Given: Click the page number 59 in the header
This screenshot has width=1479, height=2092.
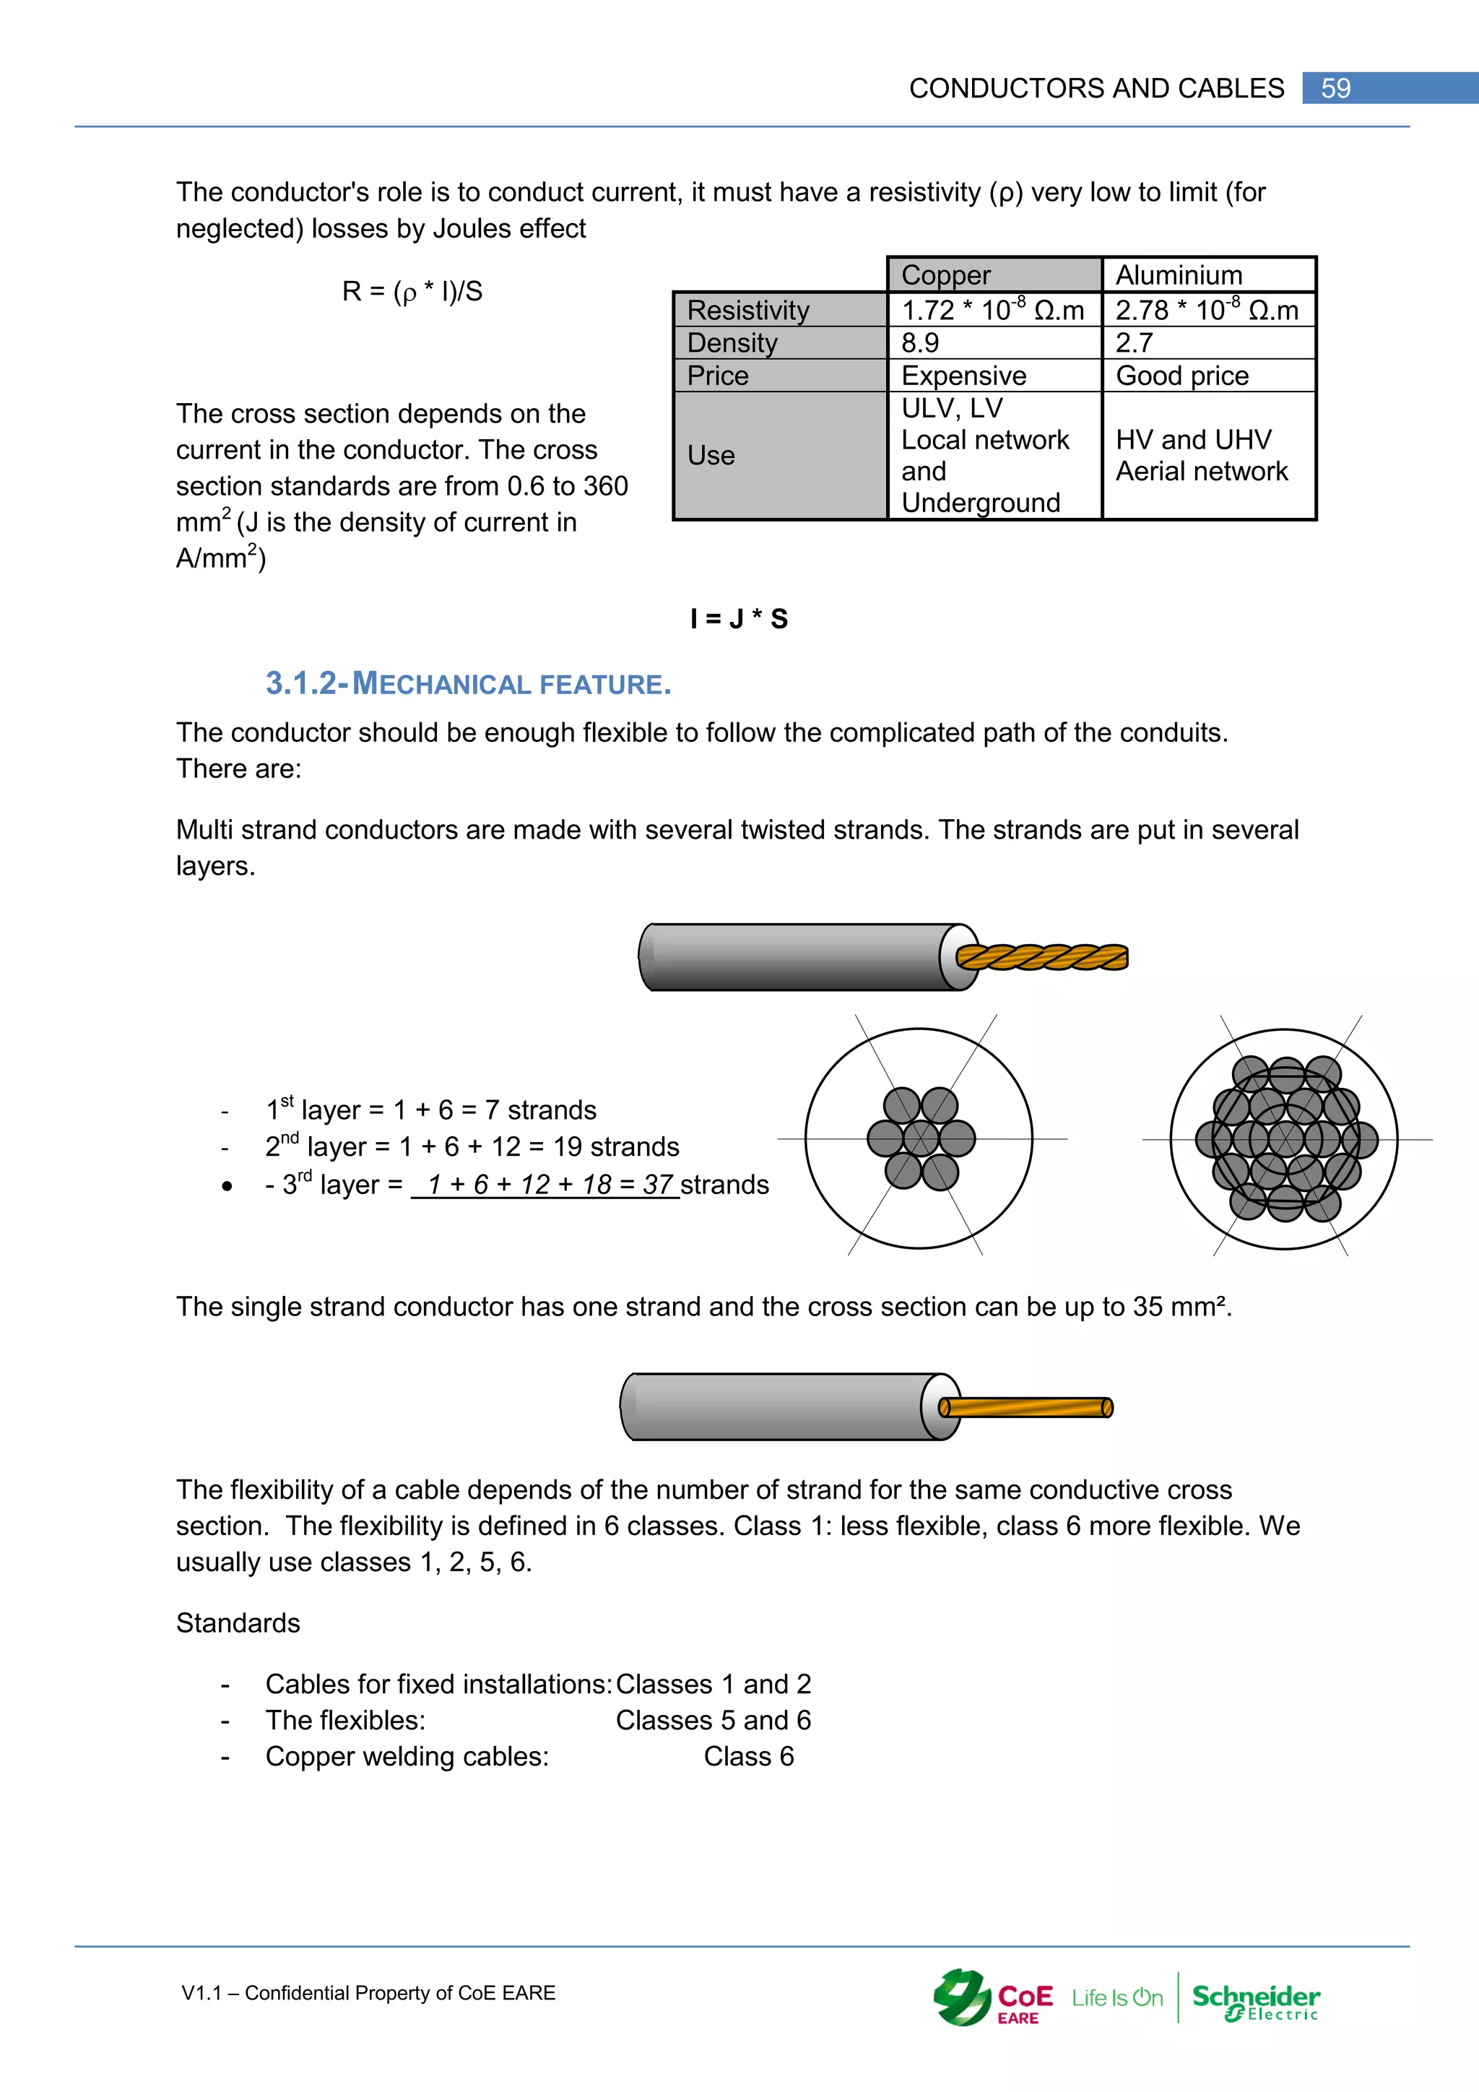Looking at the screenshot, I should click(1335, 88).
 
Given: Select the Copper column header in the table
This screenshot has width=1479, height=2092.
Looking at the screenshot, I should click(946, 275).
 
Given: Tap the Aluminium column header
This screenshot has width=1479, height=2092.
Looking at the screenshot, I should click(1179, 275).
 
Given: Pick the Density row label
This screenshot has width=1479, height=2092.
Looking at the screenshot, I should click(732, 342).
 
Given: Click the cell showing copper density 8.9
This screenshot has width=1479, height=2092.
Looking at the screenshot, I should click(920, 342).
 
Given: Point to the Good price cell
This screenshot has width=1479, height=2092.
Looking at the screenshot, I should click(1181, 376).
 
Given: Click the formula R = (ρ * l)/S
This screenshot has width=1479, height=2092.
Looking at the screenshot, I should click(412, 292).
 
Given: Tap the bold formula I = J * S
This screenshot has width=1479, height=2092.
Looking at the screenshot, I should click(739, 618).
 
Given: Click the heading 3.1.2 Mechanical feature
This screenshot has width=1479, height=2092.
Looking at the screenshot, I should click(468, 683).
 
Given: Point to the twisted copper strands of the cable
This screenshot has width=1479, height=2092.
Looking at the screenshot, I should click(1043, 956).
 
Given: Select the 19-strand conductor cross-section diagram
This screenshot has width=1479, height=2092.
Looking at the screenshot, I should click(1285, 1139).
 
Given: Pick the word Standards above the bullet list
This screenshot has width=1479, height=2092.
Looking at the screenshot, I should click(238, 1622).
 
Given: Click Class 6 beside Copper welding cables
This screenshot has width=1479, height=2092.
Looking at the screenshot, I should click(749, 1756).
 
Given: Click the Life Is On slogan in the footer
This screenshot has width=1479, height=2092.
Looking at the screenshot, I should click(1116, 1998).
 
